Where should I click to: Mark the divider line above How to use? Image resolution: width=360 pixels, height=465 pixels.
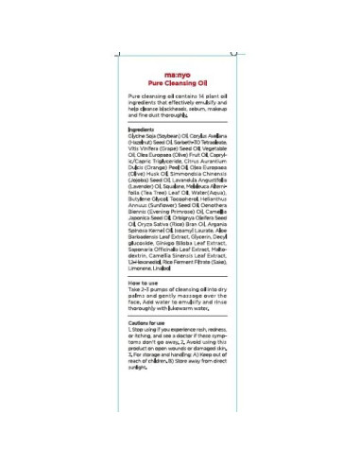(179, 276)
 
